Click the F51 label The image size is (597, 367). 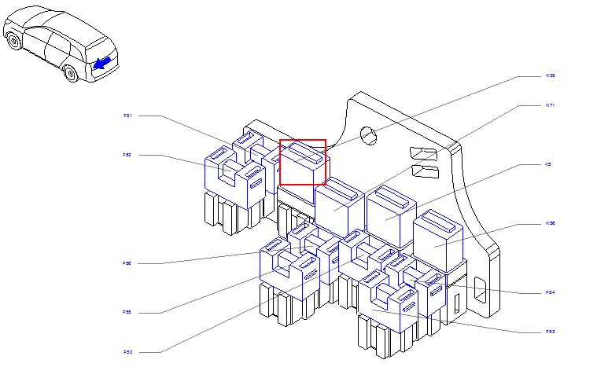pos(127,116)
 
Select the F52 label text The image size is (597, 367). pos(127,156)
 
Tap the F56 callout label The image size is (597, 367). pos(127,263)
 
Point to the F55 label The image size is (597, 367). pos(127,312)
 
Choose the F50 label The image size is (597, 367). pos(127,351)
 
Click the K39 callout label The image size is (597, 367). pos(551,75)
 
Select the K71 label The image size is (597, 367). pos(551,105)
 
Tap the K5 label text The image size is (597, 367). pos(548,164)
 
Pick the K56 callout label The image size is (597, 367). pos(551,223)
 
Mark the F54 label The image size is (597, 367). pos(551,292)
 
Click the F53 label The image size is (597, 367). pos(551,332)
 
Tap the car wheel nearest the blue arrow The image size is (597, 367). pos(71,74)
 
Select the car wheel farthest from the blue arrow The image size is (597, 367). pos(13,41)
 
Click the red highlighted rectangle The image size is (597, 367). pos(303,162)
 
